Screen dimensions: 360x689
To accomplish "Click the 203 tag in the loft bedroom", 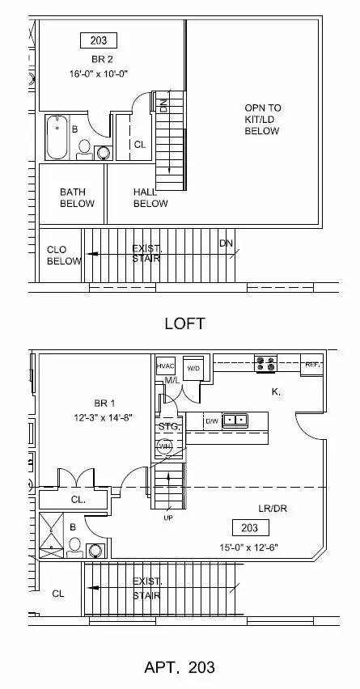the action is (x=99, y=40).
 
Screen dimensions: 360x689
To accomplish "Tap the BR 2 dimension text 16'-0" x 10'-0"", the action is (x=99, y=74).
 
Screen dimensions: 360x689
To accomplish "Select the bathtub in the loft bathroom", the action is (x=57, y=137).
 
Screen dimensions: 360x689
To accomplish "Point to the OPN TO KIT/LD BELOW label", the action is (x=262, y=119).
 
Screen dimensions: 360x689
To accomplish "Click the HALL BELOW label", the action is (x=150, y=198).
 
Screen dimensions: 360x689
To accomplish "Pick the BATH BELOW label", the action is (x=77, y=198).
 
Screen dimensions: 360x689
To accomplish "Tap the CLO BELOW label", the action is (x=64, y=256).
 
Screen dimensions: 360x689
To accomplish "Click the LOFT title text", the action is (x=184, y=323).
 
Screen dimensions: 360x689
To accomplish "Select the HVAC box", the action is (x=166, y=366).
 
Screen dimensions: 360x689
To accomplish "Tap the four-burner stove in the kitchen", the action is (x=266, y=363).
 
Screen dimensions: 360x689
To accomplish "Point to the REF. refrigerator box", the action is (x=312, y=365).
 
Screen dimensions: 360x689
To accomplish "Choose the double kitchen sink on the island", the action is (x=235, y=421).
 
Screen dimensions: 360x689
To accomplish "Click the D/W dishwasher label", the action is (x=212, y=421).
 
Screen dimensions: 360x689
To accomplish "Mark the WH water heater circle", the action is (x=164, y=446).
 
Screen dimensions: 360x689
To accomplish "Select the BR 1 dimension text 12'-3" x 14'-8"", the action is (x=104, y=418).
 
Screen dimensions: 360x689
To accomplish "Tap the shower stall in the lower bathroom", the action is (x=52, y=535).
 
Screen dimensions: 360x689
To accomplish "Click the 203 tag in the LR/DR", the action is (x=250, y=528).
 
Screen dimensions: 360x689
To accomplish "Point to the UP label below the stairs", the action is (x=168, y=518).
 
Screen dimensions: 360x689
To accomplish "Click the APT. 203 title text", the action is (x=180, y=667).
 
